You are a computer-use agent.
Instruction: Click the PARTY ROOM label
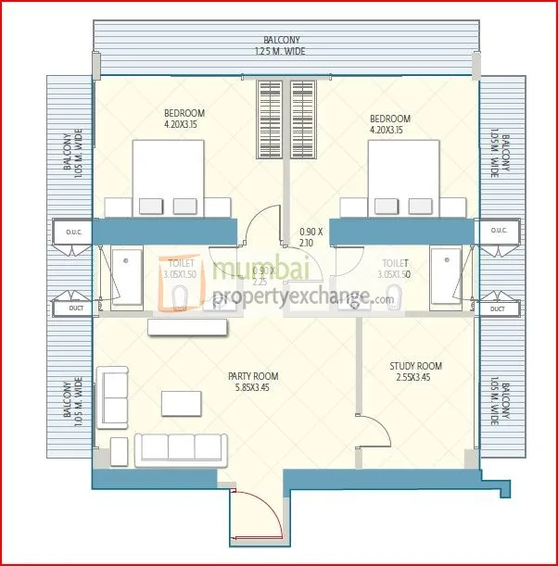tap(253, 376)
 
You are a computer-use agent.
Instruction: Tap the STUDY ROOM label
tap(415, 366)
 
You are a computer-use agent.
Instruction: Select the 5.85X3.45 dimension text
tap(253, 390)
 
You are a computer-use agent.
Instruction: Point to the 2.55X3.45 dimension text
tap(415, 379)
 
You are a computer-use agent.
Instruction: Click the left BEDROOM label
tap(184, 114)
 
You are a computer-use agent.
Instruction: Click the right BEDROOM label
tap(389, 119)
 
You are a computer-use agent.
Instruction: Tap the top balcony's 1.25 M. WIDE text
tap(281, 52)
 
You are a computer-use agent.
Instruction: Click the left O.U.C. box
tap(70, 231)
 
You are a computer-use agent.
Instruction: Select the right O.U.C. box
tap(498, 231)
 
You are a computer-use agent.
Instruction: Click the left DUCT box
tap(70, 308)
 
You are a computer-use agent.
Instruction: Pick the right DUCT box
tap(498, 308)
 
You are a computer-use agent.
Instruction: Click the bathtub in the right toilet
tap(445, 276)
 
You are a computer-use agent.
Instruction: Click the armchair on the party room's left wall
tap(114, 396)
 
